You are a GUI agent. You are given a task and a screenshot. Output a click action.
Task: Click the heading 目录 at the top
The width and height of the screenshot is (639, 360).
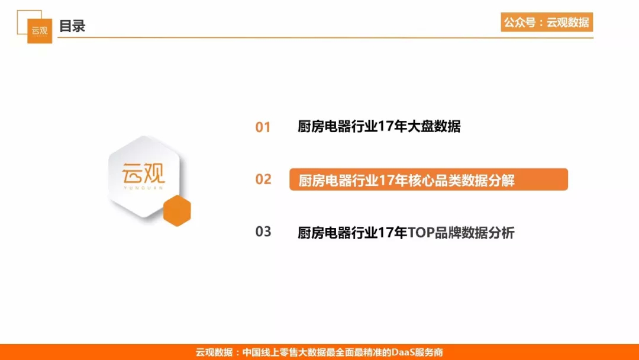pos(72,26)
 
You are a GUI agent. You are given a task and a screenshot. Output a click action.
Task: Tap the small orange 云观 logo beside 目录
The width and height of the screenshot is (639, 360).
pos(40,31)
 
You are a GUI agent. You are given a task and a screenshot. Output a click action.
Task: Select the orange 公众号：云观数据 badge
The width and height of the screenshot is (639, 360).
pos(547,22)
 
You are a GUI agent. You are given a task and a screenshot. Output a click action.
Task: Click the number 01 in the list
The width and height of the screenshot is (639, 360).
pos(263,127)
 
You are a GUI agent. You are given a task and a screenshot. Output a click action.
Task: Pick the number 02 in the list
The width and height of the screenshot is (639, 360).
pos(263,179)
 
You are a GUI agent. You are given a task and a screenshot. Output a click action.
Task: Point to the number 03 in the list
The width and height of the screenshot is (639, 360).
pos(263,232)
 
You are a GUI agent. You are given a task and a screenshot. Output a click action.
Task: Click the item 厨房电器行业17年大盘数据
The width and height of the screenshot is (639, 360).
pos(379,126)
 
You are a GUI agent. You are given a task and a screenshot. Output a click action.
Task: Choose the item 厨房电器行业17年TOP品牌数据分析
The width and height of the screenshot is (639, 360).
pos(406,233)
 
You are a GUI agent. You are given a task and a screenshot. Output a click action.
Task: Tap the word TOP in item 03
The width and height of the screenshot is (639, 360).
pos(421,233)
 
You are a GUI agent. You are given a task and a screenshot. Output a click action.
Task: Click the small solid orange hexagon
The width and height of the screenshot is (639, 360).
pos(177,210)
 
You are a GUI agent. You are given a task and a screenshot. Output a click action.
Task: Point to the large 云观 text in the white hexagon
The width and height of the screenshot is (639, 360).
pos(143,173)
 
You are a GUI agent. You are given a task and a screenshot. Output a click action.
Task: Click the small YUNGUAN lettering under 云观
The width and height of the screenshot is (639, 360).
pos(143,188)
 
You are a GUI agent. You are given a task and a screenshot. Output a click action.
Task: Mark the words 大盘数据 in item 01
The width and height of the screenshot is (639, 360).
pos(434,126)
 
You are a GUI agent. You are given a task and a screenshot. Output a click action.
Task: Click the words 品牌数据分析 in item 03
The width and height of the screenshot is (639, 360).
pos(475,233)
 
